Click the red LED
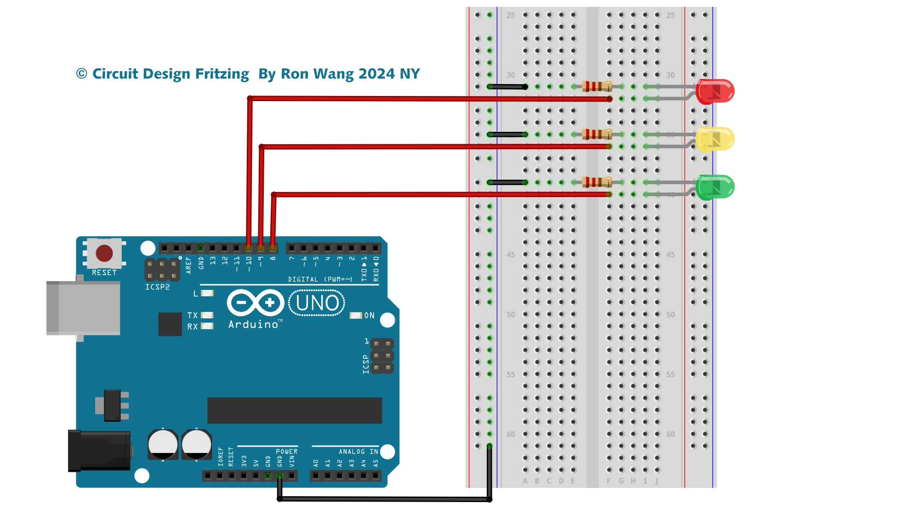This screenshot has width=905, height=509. pyautogui.click(x=715, y=91)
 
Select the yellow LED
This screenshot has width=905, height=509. pyautogui.click(x=715, y=139)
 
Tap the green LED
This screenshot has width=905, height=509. pyautogui.click(x=715, y=187)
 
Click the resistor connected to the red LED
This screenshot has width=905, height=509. pyautogui.click(x=597, y=86)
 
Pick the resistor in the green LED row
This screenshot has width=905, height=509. pyautogui.click(x=597, y=182)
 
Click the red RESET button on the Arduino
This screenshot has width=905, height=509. pyautogui.click(x=104, y=253)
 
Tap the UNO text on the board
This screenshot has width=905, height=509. pyautogui.click(x=317, y=303)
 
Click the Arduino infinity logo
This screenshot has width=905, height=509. pyautogui.click(x=255, y=302)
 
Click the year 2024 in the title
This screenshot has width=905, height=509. pyautogui.click(x=376, y=74)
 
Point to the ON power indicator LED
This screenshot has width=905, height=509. pyautogui.click(x=356, y=316)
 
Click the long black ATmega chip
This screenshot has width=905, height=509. pyautogui.click(x=294, y=410)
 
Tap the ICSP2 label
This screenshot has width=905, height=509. pyautogui.click(x=157, y=287)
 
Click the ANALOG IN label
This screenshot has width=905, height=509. pyautogui.click(x=358, y=452)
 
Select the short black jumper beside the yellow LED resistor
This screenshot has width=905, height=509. pyautogui.click(x=507, y=135)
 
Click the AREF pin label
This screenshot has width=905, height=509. pyautogui.click(x=188, y=265)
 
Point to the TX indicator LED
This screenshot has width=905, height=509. pyautogui.click(x=207, y=315)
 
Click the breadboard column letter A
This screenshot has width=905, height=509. pyautogui.click(x=525, y=481)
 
